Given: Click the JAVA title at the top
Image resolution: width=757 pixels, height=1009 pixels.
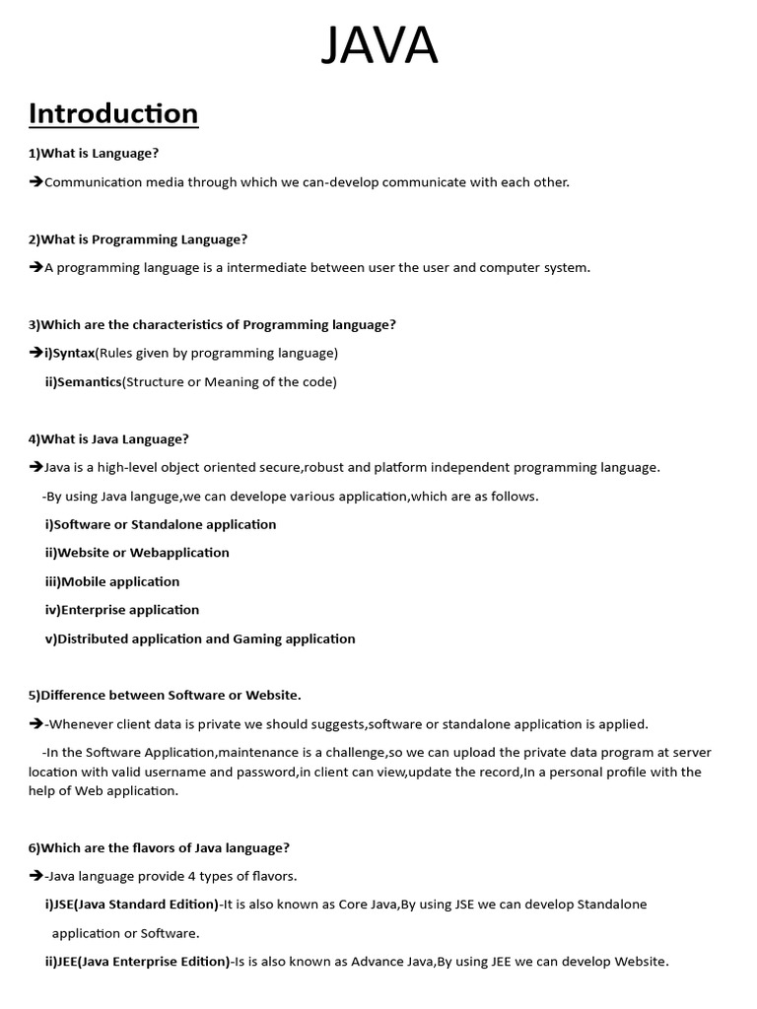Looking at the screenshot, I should point(379,45).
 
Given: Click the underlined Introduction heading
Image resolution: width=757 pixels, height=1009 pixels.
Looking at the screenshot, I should point(113,114).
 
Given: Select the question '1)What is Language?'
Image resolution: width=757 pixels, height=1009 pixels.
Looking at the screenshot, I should point(94,154).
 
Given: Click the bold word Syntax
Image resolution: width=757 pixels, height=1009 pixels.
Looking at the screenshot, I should point(74,353).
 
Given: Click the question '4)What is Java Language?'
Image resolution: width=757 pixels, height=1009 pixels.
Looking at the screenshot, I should point(108,439).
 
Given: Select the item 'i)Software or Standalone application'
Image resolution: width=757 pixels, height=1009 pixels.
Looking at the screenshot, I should point(161,524).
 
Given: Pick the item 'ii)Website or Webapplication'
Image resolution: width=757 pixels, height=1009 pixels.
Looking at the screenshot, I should point(137,553).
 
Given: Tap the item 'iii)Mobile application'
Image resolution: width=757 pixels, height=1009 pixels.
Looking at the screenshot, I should point(112,581).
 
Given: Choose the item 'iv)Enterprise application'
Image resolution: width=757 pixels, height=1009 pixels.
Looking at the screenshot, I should point(122,610).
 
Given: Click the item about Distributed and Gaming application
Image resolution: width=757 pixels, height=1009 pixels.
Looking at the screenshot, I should point(200,639).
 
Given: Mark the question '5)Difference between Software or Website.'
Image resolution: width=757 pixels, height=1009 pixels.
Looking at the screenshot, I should point(165,696).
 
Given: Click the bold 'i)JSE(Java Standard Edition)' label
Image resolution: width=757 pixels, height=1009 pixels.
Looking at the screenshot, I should point(132,905).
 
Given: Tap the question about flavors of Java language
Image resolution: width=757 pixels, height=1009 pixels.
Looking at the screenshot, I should point(159,847).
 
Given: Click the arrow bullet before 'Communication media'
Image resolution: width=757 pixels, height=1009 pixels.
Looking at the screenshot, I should point(35,182).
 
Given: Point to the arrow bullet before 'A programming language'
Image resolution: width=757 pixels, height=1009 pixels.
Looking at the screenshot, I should point(35,268).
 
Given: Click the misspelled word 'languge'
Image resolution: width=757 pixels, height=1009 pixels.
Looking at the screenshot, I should point(153,497).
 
